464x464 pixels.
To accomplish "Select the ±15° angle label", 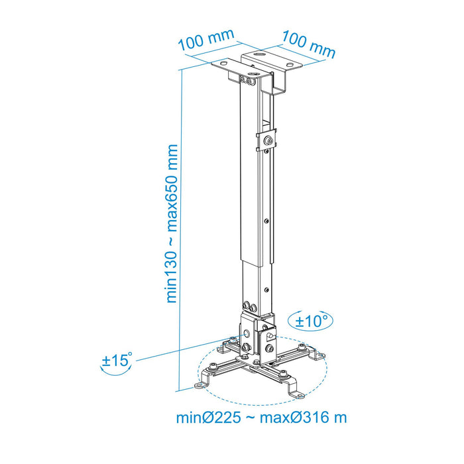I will tap(117, 361).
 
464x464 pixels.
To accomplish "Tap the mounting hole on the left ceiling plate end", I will tap(220, 64).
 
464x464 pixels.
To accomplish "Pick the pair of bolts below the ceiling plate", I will tap(248, 80).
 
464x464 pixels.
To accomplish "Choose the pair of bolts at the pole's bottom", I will tap(251, 307).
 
